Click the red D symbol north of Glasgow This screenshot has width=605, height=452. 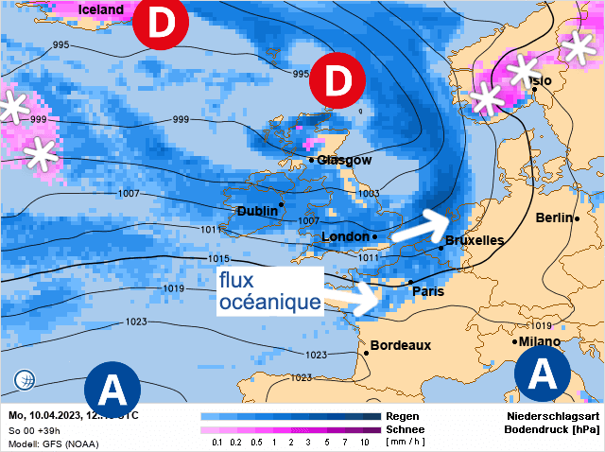tap(337, 81)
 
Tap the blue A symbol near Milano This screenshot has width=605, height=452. tap(543, 374)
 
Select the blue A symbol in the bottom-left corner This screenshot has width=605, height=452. tap(112, 389)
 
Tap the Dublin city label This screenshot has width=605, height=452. tap(256, 211)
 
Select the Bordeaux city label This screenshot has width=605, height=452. tap(401, 345)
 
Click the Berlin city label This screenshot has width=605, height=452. tap(553, 217)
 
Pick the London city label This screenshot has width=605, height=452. tap(344, 236)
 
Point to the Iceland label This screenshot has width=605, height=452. tap(101, 9)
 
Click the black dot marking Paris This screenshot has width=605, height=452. tap(408, 282)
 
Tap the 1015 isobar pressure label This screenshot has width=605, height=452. tap(218, 259)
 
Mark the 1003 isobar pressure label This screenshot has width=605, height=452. tap(368, 193)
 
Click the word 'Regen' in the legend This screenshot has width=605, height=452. tap(404, 416)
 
